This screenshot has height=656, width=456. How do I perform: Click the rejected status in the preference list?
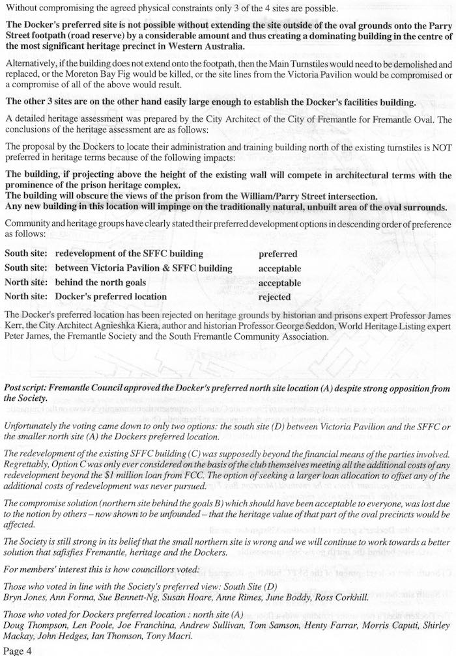point(274,297)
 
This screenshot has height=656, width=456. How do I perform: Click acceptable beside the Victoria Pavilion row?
point(279,268)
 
